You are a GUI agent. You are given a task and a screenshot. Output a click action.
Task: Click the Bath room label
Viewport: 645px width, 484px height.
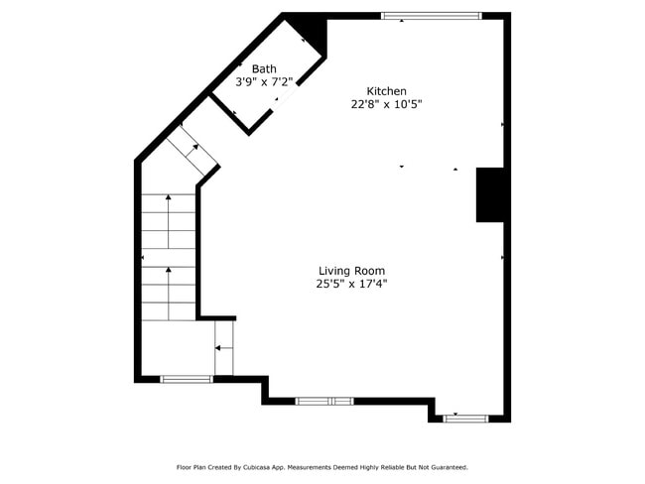click(x=264, y=68)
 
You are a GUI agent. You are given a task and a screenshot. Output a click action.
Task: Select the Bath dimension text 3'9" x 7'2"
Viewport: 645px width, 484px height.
click(x=264, y=82)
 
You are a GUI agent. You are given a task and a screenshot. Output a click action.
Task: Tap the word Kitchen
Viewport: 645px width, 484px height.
click(x=386, y=90)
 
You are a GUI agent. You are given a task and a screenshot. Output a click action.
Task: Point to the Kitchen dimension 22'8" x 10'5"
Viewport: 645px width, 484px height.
click(x=386, y=104)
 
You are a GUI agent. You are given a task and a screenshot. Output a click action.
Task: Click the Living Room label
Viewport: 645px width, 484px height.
click(x=351, y=270)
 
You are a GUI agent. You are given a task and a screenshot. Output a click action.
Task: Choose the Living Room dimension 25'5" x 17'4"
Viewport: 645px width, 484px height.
click(x=351, y=284)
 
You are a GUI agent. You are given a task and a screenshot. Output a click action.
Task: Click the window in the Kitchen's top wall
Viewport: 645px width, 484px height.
click(x=431, y=16)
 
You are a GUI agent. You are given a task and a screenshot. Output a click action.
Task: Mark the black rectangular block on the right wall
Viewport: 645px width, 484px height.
click(x=491, y=194)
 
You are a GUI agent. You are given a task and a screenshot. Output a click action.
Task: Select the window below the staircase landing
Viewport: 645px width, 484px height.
click(x=186, y=379)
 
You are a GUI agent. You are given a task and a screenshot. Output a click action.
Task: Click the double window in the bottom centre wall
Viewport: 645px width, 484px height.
click(x=324, y=401)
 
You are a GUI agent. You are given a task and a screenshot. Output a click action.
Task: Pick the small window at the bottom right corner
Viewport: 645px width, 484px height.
click(x=465, y=419)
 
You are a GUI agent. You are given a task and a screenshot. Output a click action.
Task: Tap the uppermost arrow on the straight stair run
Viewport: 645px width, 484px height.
click(x=168, y=198)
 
